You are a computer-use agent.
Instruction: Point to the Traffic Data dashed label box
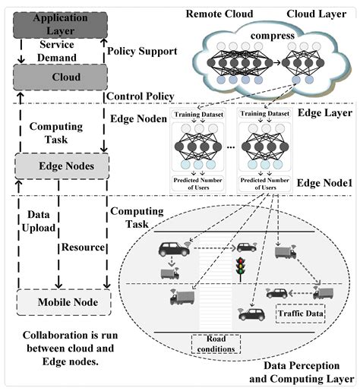[300, 312]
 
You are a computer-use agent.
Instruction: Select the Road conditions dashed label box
[215, 344]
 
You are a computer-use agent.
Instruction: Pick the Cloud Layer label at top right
[317, 14]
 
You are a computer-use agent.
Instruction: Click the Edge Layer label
[324, 112]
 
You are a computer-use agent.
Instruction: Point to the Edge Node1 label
[325, 183]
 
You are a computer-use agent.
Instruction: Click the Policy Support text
[142, 50]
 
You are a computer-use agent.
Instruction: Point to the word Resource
[83, 248]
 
